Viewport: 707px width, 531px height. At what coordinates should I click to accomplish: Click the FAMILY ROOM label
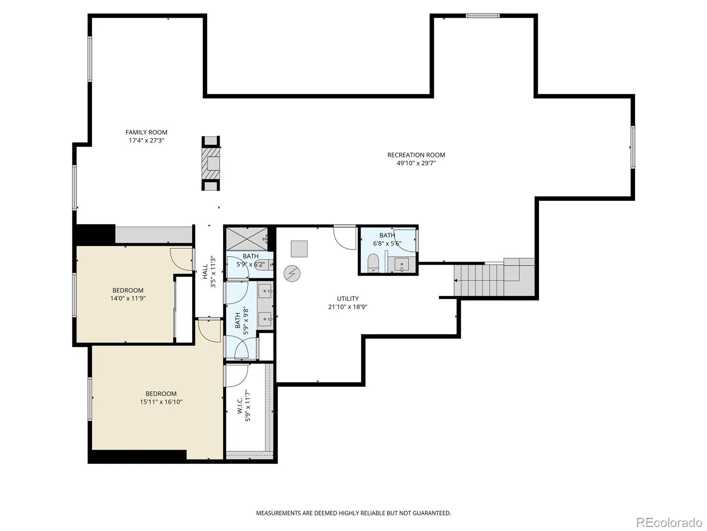[x=146, y=132]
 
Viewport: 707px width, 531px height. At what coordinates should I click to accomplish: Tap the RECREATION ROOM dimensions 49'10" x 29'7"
[x=416, y=163]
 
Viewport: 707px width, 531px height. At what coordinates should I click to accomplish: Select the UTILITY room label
[x=348, y=299]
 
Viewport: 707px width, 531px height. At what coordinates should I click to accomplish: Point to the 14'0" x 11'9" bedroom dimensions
[x=128, y=298]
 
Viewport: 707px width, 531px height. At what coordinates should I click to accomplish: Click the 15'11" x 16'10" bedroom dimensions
[x=161, y=402]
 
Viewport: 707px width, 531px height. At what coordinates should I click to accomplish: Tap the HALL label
[x=205, y=271]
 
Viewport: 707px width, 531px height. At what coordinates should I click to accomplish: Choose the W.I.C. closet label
[x=240, y=406]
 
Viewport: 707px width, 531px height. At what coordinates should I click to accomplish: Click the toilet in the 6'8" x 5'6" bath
[x=373, y=263]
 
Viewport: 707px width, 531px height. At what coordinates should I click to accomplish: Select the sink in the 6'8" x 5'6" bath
[x=401, y=264]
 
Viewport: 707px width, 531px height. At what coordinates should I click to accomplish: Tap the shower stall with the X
[x=247, y=239]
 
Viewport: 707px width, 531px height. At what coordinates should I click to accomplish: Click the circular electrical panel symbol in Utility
[x=292, y=274]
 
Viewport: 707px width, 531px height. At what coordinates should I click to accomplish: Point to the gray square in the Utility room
[x=299, y=249]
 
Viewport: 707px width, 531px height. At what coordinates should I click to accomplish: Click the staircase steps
[x=478, y=280]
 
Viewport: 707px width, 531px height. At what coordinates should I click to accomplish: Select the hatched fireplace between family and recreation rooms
[x=211, y=163]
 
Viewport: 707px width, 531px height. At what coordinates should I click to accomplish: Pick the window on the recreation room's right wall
[x=633, y=147]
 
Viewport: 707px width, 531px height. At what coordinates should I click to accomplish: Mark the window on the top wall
[x=483, y=15]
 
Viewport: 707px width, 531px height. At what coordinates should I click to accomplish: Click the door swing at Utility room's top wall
[x=345, y=238]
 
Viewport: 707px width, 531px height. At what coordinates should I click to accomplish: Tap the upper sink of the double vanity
[x=266, y=292]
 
